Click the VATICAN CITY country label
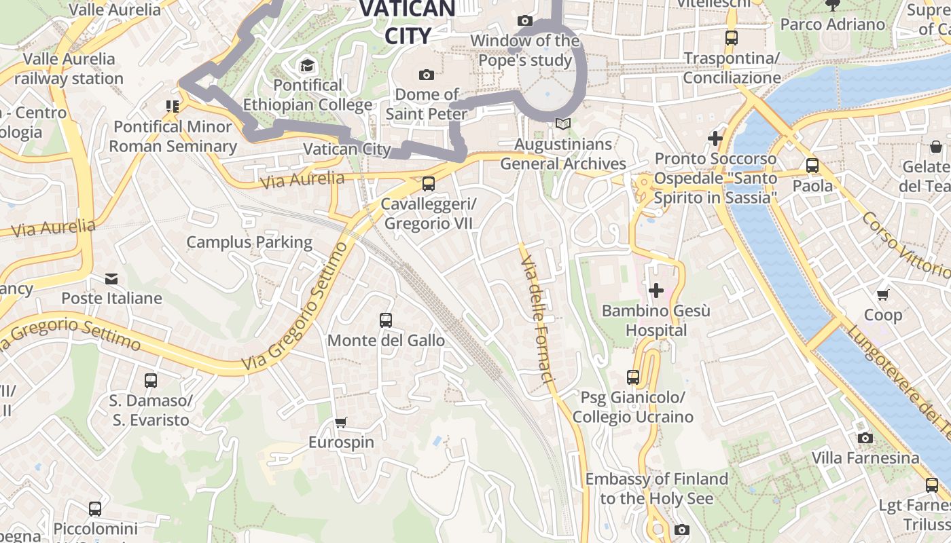click(408, 22)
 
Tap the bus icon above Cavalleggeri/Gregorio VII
click(428, 183)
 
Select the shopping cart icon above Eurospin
click(341, 422)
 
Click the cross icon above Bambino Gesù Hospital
click(656, 291)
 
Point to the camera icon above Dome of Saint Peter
click(427, 75)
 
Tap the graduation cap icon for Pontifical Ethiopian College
click(307, 66)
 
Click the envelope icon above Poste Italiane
click(111, 278)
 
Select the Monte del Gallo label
click(386, 340)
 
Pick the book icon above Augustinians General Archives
click(562, 124)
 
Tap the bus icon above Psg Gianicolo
click(633, 377)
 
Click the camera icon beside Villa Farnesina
click(865, 438)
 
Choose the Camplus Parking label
click(249, 242)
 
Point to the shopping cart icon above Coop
click(882, 295)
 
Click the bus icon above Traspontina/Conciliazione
click(731, 38)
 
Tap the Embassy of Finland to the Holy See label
click(657, 489)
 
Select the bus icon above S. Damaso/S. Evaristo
click(151, 381)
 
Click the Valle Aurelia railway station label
click(69, 69)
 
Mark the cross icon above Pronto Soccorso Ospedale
click(715, 138)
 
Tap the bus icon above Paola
click(812, 166)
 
